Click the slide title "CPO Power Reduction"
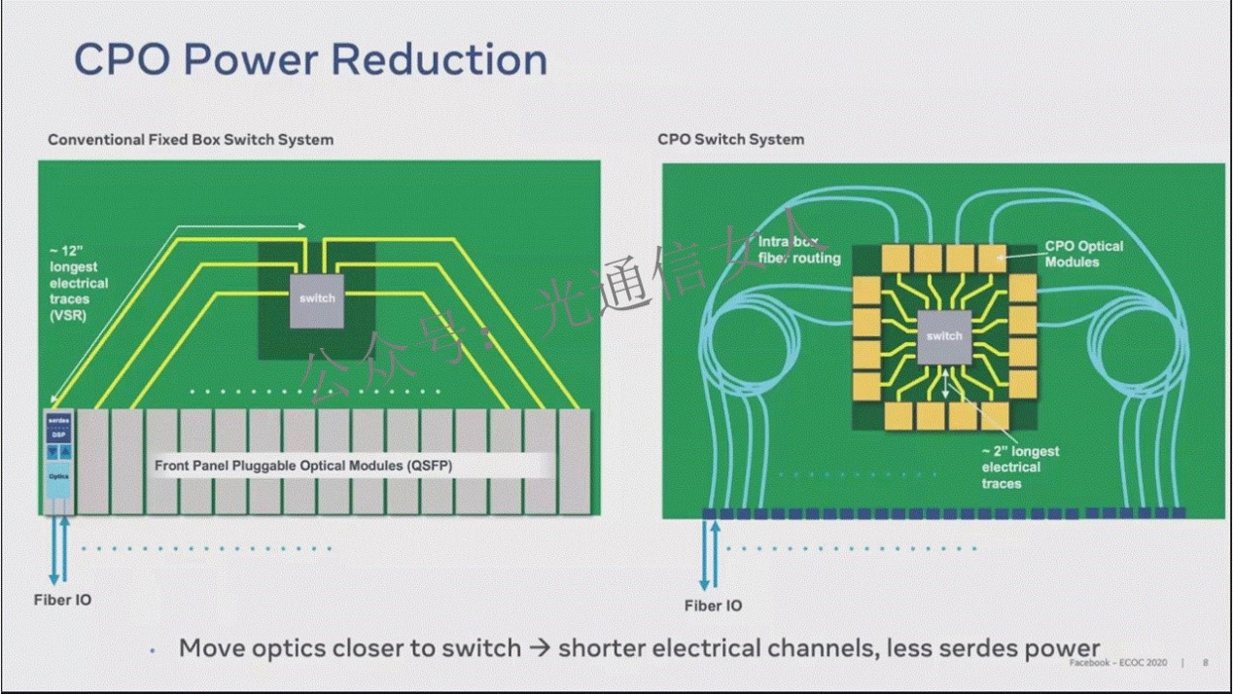tap(310, 59)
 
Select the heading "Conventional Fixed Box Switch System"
tap(191, 140)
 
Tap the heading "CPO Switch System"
tap(730, 139)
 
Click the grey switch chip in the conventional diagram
tap(317, 299)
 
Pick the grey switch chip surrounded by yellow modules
tap(943, 337)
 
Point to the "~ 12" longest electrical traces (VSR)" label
tap(79, 283)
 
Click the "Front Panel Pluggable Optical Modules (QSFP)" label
tap(303, 467)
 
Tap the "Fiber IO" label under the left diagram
tap(62, 601)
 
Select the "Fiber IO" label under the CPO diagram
tap(713, 607)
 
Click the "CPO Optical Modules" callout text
tap(1083, 254)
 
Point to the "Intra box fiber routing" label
tap(798, 250)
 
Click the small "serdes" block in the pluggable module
tap(58, 420)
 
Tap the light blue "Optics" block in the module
tap(58, 478)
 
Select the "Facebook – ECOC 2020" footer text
tap(1117, 663)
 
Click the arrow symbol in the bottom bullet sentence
tap(540, 648)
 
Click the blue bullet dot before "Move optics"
tap(153, 650)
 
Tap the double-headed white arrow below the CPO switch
tap(944, 385)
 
